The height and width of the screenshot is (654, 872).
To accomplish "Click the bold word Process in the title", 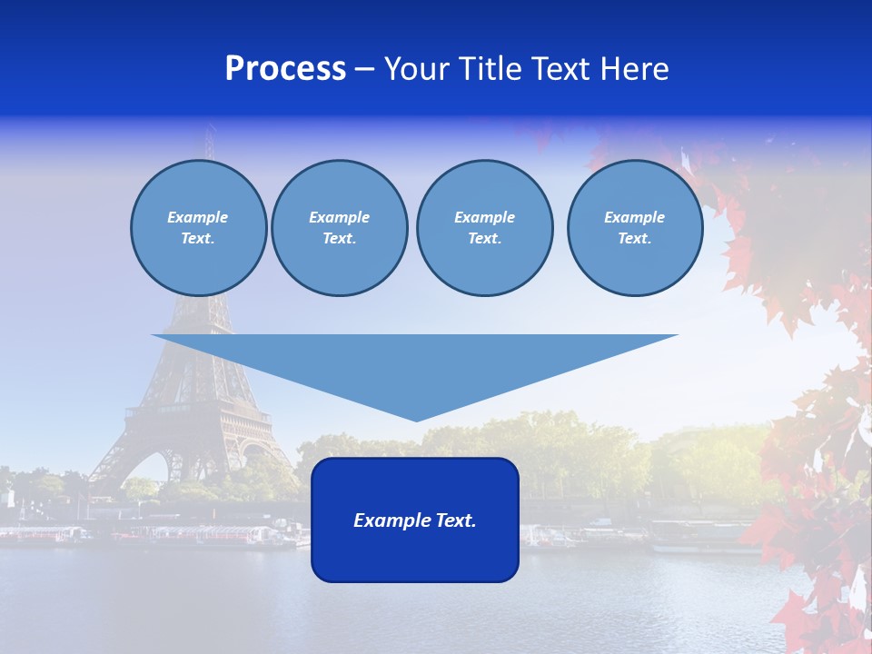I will pos(285,69).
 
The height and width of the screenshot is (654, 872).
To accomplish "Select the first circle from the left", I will pos(198,227).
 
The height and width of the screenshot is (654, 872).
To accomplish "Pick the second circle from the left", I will pos(340,227).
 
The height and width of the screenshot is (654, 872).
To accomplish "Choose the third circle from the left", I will pos(484,227).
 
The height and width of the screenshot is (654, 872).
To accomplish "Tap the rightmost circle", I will pos(635,227).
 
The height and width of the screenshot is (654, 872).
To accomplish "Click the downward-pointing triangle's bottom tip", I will pos(416,420).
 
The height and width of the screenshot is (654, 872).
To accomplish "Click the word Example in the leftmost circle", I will pos(198,217).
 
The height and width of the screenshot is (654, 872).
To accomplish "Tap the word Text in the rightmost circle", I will pos(633,238).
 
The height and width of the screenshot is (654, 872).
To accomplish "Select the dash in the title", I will pos(365,70).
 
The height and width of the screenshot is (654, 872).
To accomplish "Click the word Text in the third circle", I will pos(483,238).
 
